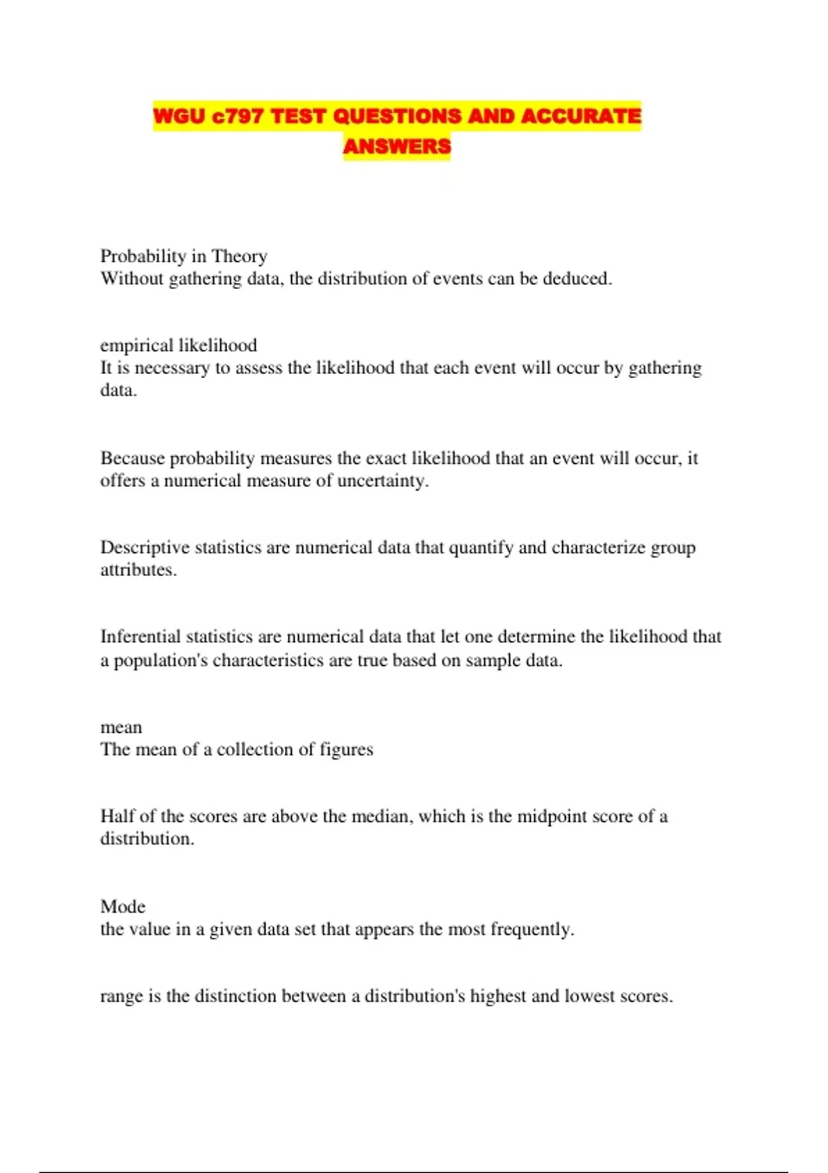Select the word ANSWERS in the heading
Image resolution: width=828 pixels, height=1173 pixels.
coord(397,146)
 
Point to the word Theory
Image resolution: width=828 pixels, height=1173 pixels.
coord(239,256)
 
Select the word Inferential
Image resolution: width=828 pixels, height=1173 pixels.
coord(141,636)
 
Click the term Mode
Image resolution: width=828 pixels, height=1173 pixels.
coord(123,907)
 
